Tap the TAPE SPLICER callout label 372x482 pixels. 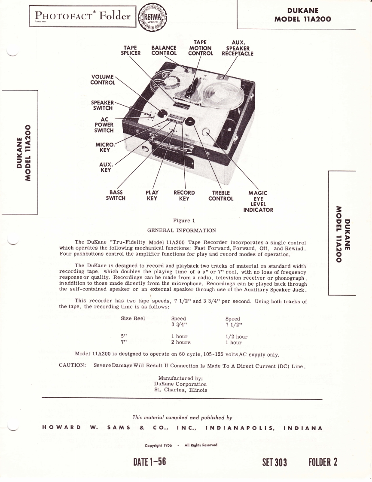[x=131, y=51]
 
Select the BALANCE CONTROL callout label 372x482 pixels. [x=164, y=51]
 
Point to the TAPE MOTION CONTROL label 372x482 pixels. [x=200, y=48]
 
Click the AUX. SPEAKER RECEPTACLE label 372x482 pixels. [x=238, y=48]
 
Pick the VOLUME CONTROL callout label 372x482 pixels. [x=103, y=79]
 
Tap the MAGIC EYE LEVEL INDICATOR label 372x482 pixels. [x=258, y=201]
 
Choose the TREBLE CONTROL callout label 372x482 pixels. [x=221, y=196]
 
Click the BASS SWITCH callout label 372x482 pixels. [x=116, y=195]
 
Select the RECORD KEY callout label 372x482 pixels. [x=184, y=195]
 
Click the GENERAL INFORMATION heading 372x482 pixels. [x=181, y=231]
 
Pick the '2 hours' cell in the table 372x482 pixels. [x=180, y=342]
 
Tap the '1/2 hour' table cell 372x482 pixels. [x=236, y=337]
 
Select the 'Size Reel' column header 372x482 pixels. [x=133, y=319]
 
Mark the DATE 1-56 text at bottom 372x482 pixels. [x=149, y=462]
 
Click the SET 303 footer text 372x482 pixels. [x=274, y=462]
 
